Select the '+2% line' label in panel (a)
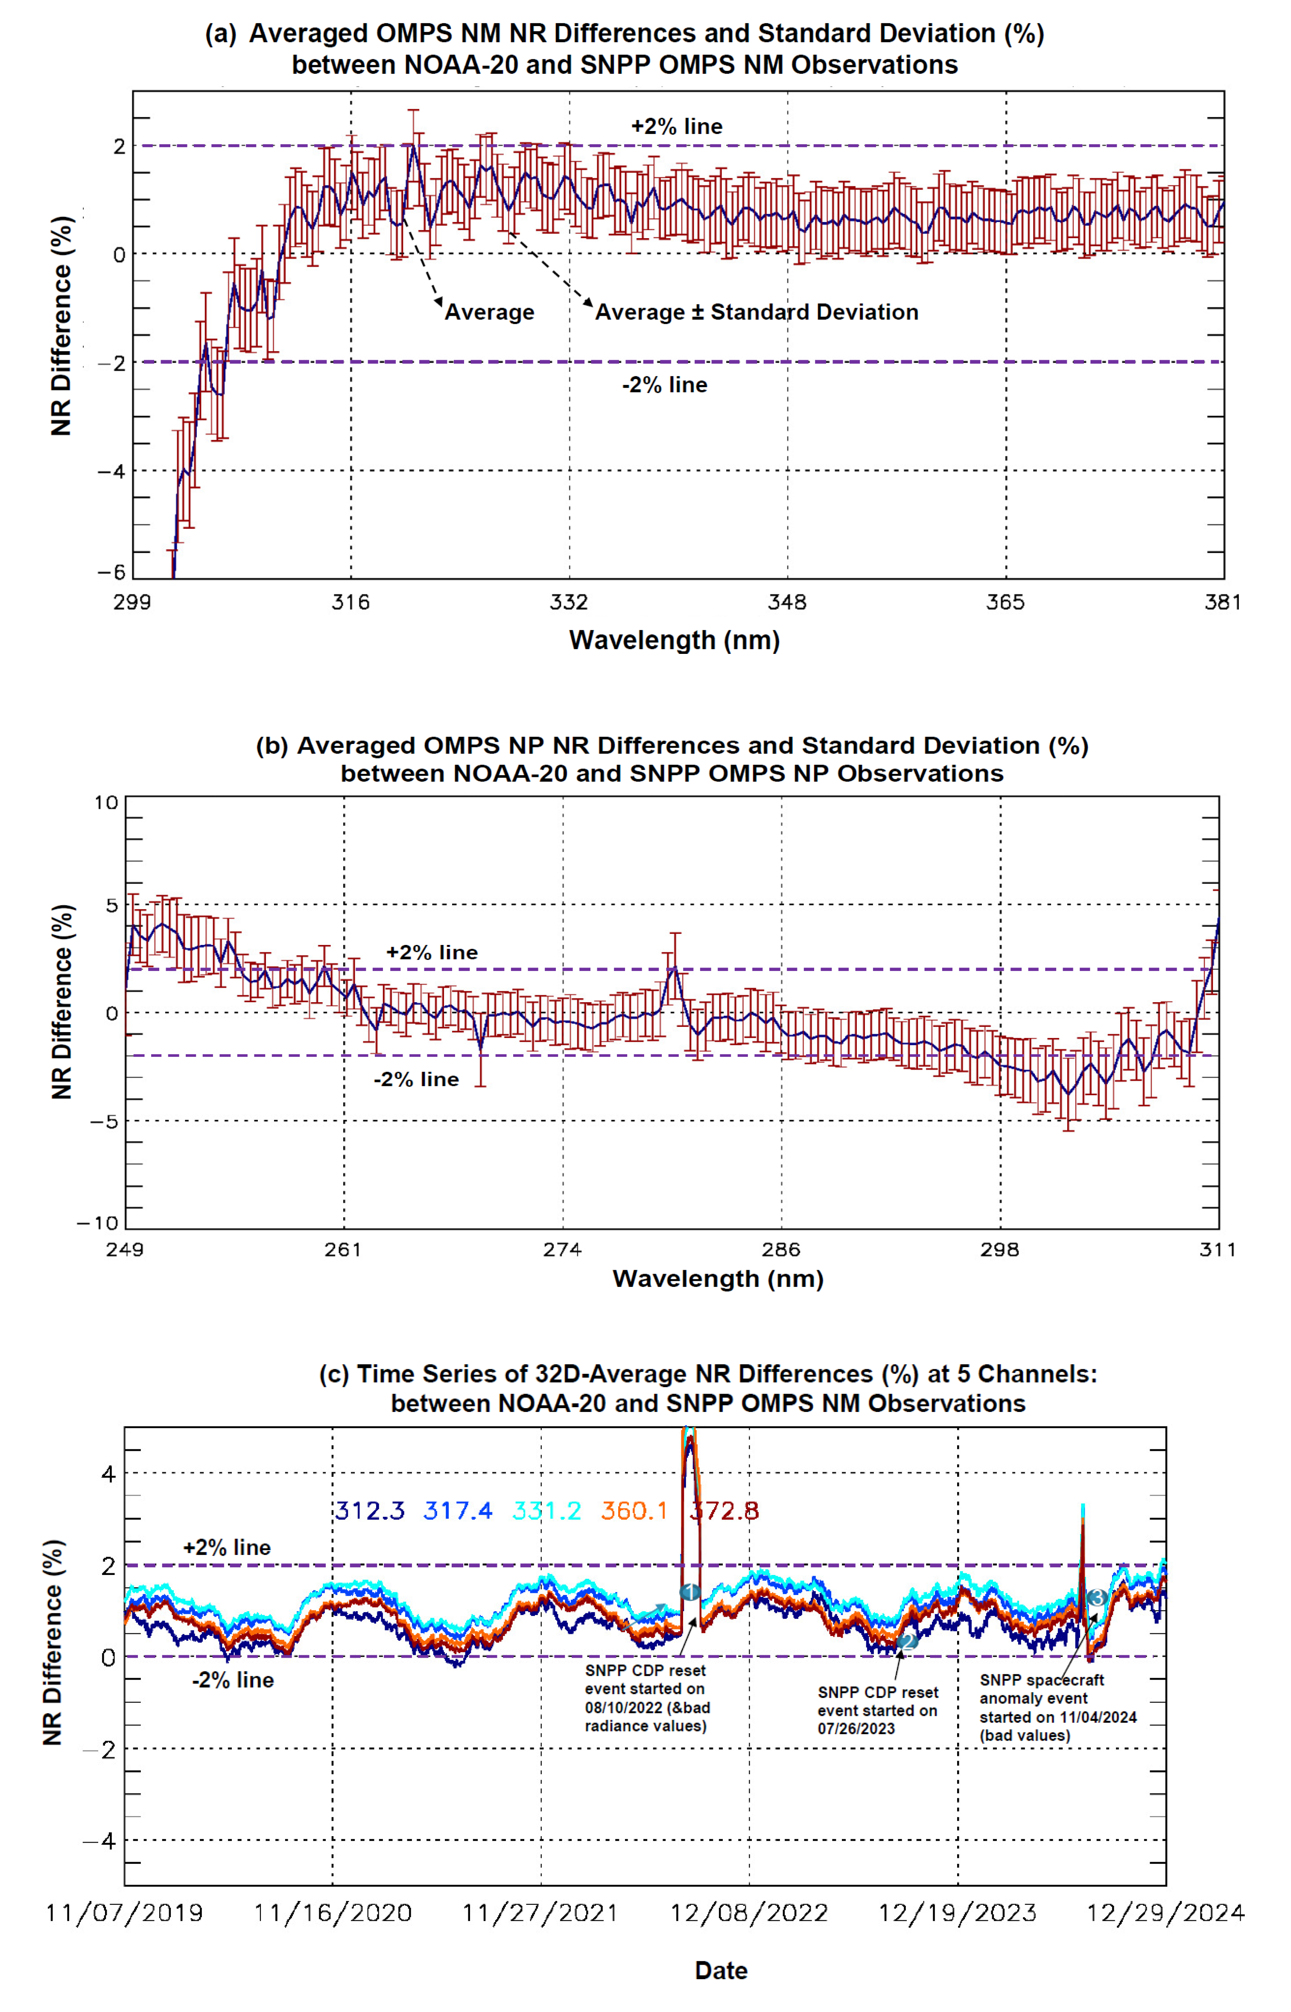tap(677, 126)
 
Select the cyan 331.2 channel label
tap(546, 1511)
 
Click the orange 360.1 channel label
tap(634, 1511)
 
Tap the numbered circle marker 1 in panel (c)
tap(689, 1592)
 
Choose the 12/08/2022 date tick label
tap(749, 1913)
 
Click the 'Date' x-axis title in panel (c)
tap(721, 1971)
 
